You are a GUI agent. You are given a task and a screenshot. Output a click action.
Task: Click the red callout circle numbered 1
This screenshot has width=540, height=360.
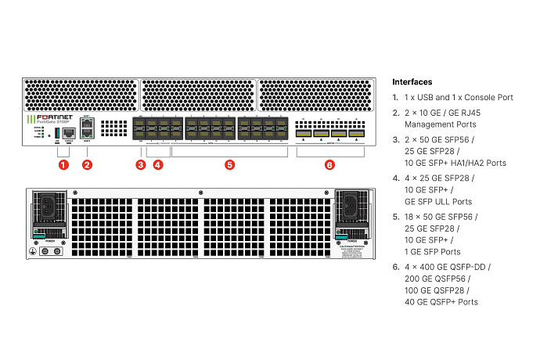pos(63,165)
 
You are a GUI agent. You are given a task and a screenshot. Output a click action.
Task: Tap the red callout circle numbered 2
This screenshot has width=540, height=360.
pos(87,165)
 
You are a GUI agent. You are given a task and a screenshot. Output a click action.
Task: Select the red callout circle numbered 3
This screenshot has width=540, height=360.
pos(140,165)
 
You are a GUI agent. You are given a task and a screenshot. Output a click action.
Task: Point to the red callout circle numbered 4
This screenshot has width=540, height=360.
pos(158,165)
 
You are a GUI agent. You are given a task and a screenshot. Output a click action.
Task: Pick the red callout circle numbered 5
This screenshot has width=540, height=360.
pos(229,165)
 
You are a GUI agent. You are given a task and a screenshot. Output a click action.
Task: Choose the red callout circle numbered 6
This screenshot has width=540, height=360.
pos(329,165)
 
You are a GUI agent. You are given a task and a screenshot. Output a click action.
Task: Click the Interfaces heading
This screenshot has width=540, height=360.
pos(412,82)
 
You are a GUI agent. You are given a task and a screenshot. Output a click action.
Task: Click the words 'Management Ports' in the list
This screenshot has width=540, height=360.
pos(440,124)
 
